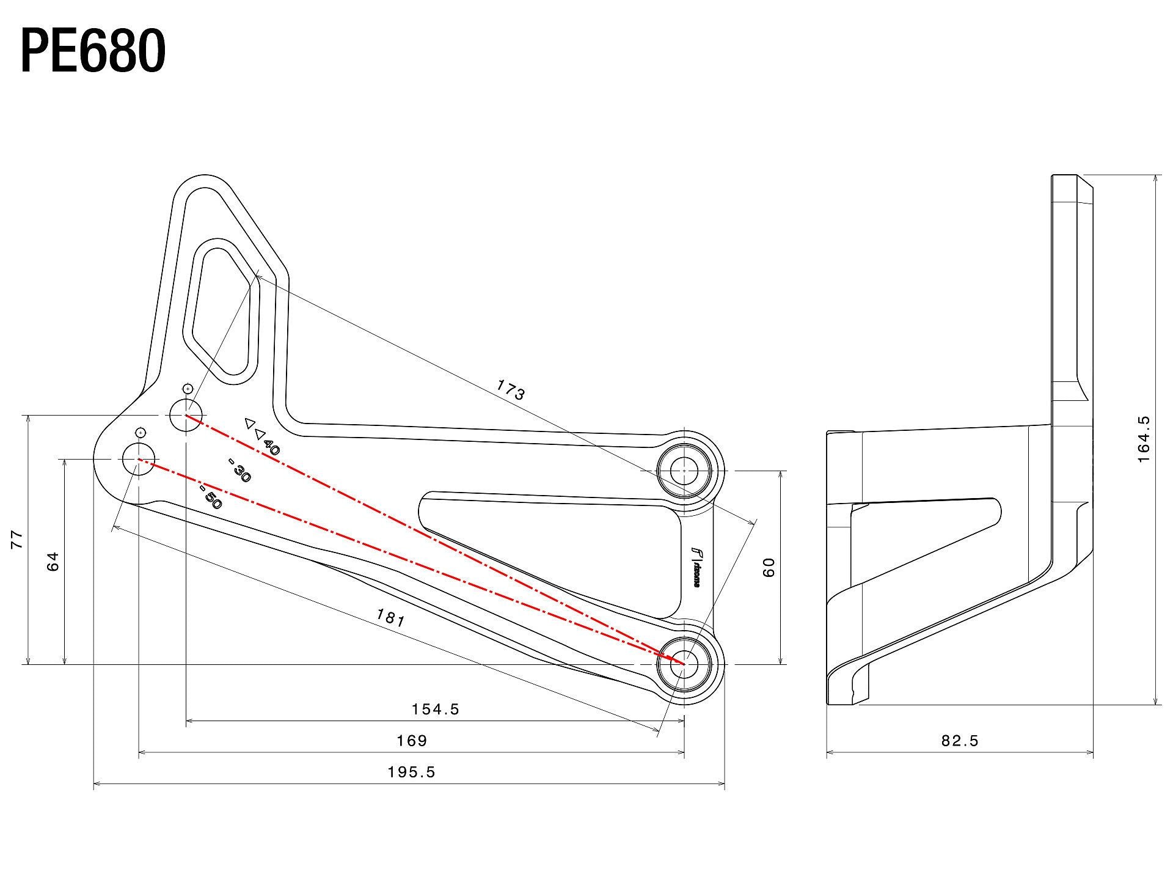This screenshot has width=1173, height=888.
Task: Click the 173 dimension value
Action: click(x=510, y=389)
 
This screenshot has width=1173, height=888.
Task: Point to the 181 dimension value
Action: click(x=390, y=618)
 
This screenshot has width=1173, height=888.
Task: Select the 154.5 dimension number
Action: click(x=435, y=709)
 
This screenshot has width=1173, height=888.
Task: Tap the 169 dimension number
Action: click(x=412, y=741)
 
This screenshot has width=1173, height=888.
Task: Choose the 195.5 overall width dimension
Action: click(x=411, y=772)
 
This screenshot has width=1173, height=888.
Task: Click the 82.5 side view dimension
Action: click(x=960, y=741)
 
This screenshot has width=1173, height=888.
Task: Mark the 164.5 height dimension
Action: click(x=1144, y=439)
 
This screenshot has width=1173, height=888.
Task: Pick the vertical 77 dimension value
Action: click(x=17, y=539)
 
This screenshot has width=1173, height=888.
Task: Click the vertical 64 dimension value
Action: click(x=53, y=560)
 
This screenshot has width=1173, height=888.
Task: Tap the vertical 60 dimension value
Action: click(x=769, y=567)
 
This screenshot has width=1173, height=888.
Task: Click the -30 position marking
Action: click(x=239, y=472)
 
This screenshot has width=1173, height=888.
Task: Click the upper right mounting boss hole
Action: click(x=684, y=471)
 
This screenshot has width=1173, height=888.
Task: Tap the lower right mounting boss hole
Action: click(x=684, y=663)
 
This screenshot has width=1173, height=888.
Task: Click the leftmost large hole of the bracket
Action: click(x=139, y=460)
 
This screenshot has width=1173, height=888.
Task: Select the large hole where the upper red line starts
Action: click(x=186, y=415)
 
